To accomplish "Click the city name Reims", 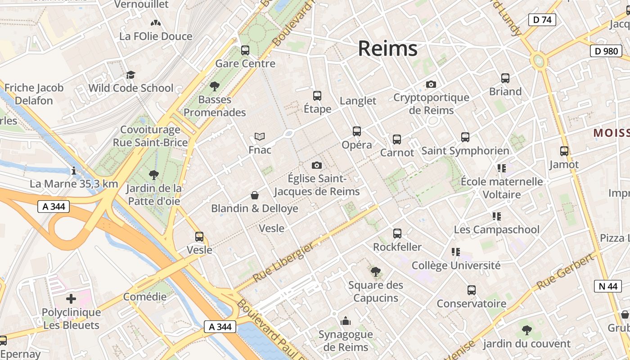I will pos(387,49).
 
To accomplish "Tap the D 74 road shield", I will pos(542,20).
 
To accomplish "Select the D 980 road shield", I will pos(606,51).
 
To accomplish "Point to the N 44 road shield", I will pos(607,286).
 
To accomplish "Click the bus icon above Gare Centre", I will pos(245,50).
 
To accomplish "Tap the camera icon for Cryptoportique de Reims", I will pos(431,84).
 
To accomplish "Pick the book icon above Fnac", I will pos(260,136).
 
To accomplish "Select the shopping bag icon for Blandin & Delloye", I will pos(255,195).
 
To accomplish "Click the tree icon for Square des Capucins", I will pos(375,271).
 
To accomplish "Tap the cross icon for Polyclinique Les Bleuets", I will pos(71,299).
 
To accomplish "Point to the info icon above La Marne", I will pos(74,171).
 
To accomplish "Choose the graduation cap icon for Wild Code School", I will pos(130,75).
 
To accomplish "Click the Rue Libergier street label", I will pos(283,262).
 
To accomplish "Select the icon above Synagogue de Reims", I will pos(346,321).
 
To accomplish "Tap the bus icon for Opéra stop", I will pos(357,131).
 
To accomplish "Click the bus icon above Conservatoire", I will pos(471,290).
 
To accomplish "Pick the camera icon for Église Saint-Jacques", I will pos(317,165).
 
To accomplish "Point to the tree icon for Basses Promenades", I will pos(215,86).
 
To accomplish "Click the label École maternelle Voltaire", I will pos(502,188).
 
